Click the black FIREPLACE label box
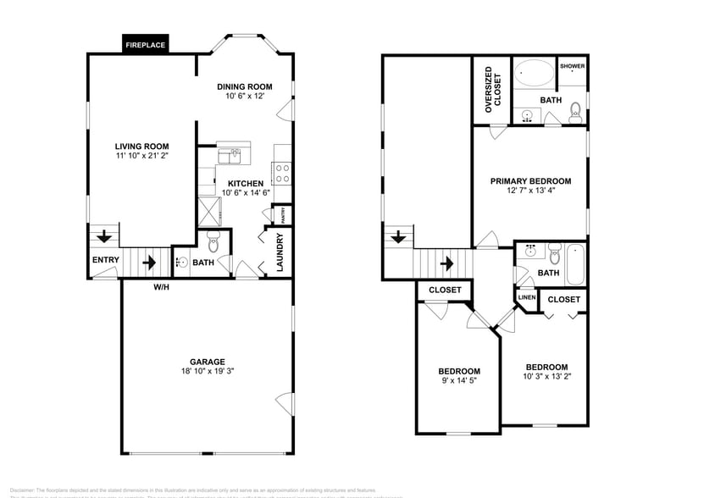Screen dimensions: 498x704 point(146,44)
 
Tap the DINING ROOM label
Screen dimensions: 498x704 point(244,86)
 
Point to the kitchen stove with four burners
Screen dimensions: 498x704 point(283,174)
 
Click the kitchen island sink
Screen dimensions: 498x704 point(230,156)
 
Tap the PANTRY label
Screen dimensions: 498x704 point(284,215)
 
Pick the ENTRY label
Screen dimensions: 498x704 point(106,260)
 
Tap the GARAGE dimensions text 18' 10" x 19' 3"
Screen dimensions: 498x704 point(207,371)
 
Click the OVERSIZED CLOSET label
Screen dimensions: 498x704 point(492,89)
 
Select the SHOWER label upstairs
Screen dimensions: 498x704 point(572,66)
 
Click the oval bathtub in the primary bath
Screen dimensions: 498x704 point(535,75)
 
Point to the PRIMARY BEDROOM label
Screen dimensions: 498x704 point(531,181)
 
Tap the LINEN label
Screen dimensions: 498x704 point(526,297)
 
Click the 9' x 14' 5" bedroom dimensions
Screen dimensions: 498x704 point(458,381)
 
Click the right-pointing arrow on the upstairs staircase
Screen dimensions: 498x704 point(446,263)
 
